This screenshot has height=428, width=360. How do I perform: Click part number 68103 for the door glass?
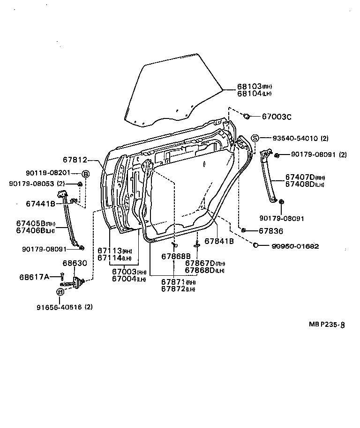pos(248,87)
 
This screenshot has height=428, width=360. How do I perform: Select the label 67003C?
pos(276,116)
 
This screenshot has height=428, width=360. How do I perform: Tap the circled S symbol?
pos(255,138)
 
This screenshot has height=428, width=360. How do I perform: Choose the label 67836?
pos(271,231)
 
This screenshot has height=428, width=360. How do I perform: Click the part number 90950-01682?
pos(295,245)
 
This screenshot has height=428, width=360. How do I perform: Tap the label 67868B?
pos(176,256)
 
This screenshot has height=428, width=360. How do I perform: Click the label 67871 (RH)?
pos(173,282)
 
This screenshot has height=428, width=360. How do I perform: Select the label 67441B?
pos(40,204)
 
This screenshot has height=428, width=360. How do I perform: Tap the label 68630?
pos(75,263)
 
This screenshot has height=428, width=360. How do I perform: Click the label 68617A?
pos(34,277)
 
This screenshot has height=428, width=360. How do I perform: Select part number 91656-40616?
pos(60,307)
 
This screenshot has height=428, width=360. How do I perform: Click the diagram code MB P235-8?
pos(327,324)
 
